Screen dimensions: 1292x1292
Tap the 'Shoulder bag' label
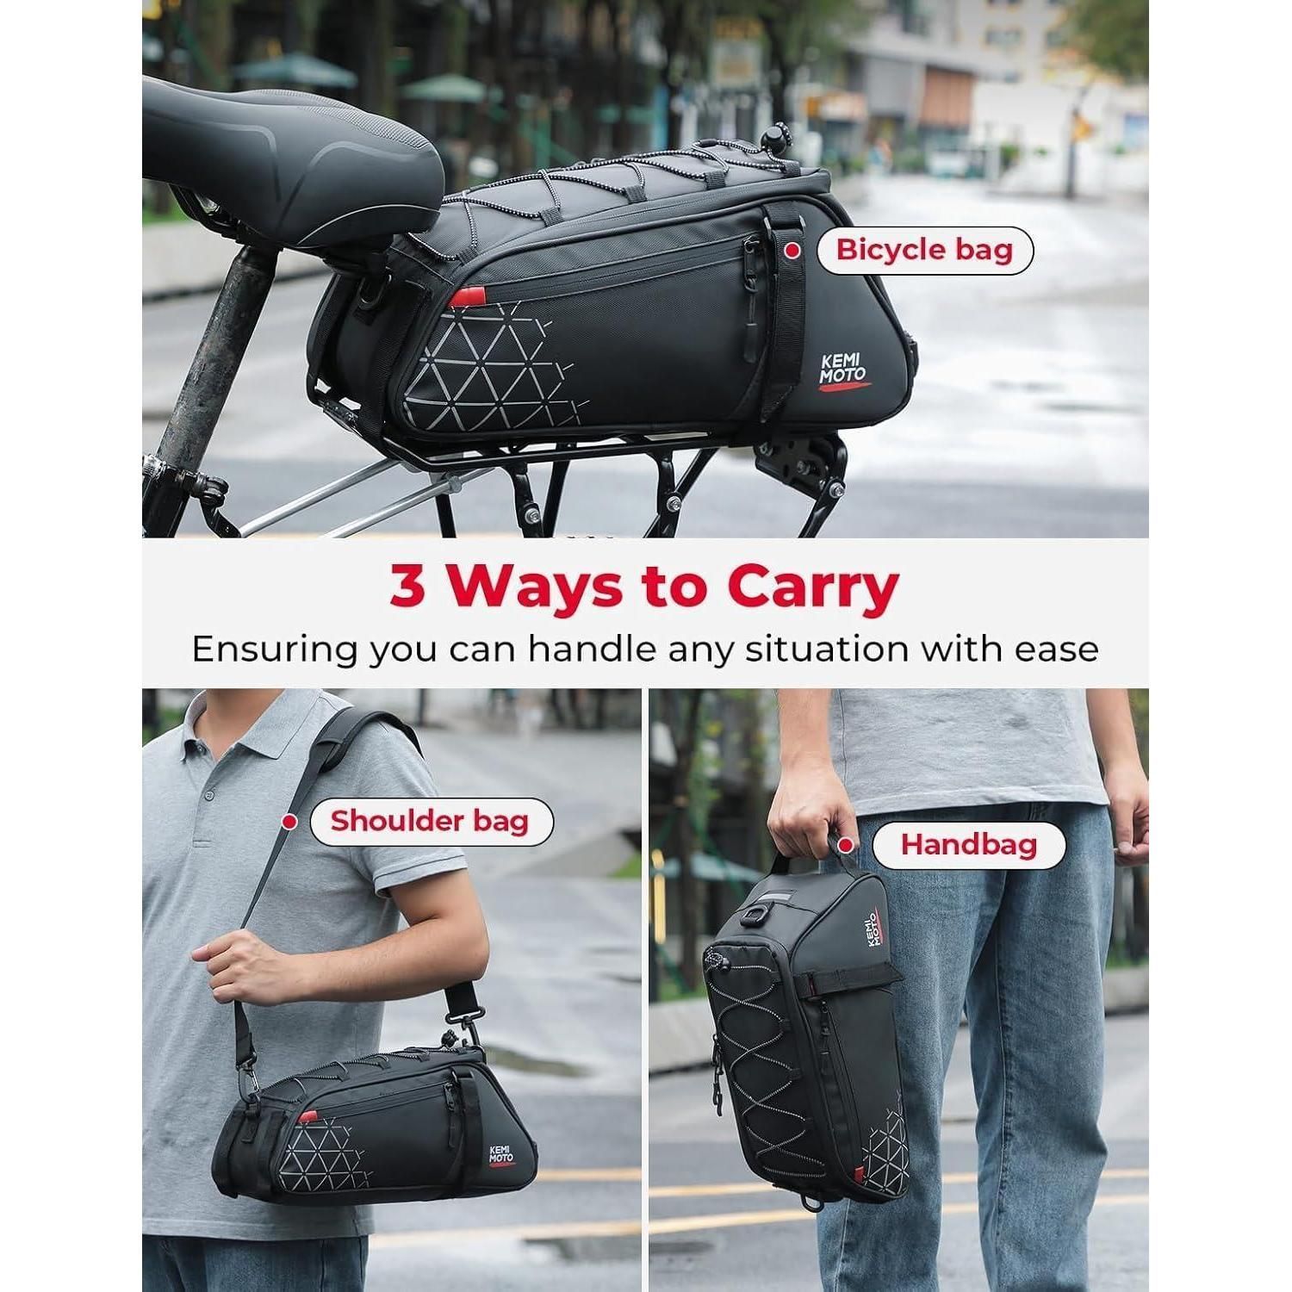tap(430, 821)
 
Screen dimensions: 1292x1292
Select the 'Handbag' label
tap(968, 844)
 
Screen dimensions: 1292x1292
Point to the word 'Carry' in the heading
tap(811, 587)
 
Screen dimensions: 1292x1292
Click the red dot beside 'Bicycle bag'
tap(790, 250)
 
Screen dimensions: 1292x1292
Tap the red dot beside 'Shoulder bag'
tap(290, 822)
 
